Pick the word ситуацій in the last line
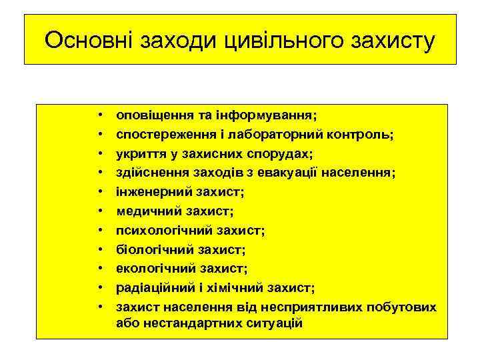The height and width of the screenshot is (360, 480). (x=271, y=323)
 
